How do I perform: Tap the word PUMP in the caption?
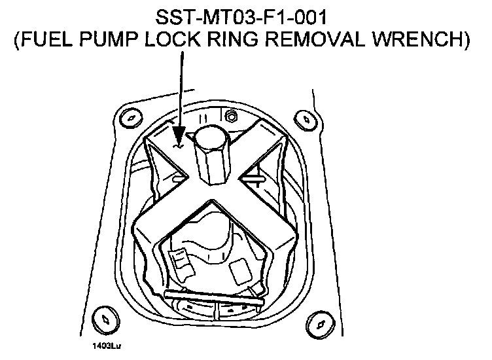(113, 41)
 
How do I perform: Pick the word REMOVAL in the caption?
(325, 41)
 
